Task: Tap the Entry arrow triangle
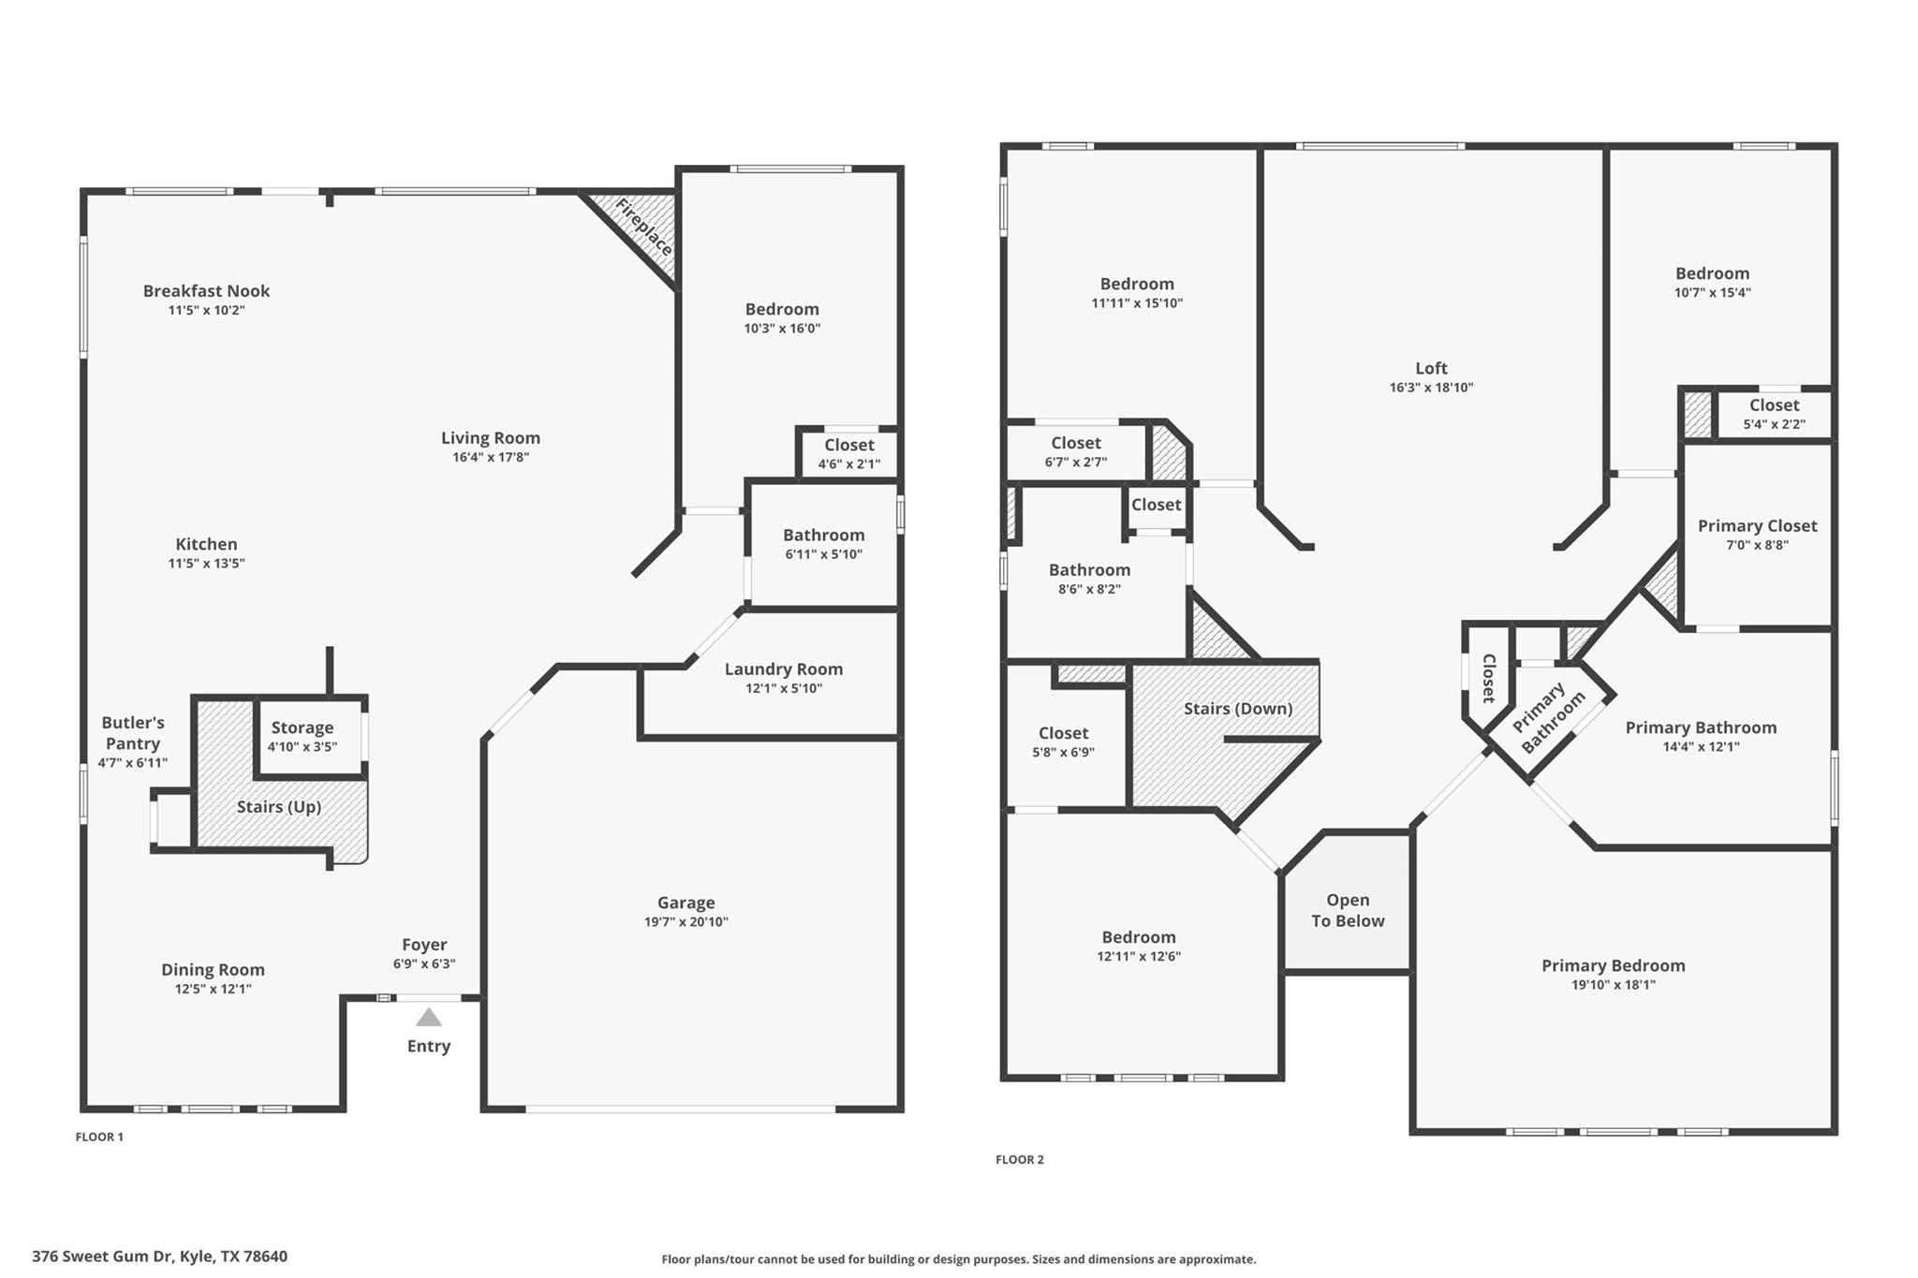(x=428, y=1017)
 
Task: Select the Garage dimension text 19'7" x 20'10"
(x=686, y=922)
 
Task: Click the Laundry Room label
(x=783, y=669)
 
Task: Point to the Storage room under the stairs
(x=302, y=736)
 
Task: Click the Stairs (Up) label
(x=278, y=807)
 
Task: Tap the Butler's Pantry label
(x=133, y=733)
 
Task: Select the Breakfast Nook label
(x=206, y=291)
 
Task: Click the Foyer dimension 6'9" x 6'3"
(x=424, y=964)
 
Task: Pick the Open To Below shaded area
(x=1347, y=910)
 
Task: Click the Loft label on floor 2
(x=1431, y=369)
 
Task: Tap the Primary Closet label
(x=1757, y=526)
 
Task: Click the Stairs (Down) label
(x=1237, y=709)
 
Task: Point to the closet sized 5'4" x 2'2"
(x=1774, y=414)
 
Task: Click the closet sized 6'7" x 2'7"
(x=1075, y=451)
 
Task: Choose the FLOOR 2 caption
(x=1019, y=1159)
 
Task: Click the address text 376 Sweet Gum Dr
(x=159, y=1256)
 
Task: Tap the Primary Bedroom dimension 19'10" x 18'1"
(x=1613, y=985)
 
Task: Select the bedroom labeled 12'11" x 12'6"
(x=1138, y=947)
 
